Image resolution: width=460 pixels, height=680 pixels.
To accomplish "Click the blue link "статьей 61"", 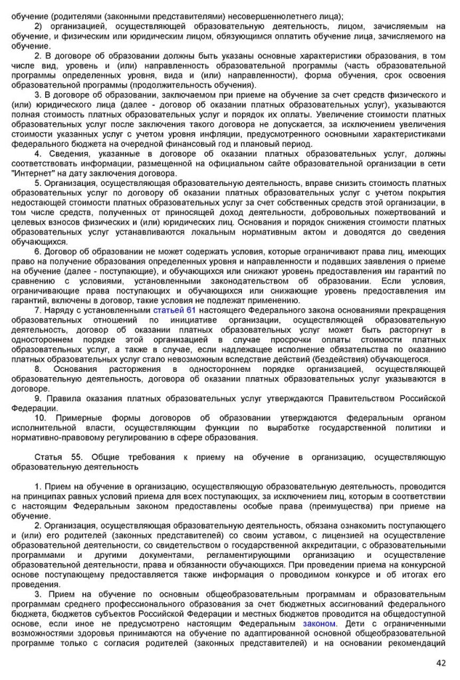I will [174, 310].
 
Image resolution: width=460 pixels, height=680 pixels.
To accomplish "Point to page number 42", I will [441, 662].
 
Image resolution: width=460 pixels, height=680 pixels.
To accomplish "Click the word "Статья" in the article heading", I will [48, 458].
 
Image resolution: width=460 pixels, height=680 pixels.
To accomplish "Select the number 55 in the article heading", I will [76, 458].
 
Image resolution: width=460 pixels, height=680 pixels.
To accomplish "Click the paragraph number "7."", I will [39, 310].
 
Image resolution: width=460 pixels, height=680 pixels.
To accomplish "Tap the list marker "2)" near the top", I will [39, 26].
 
